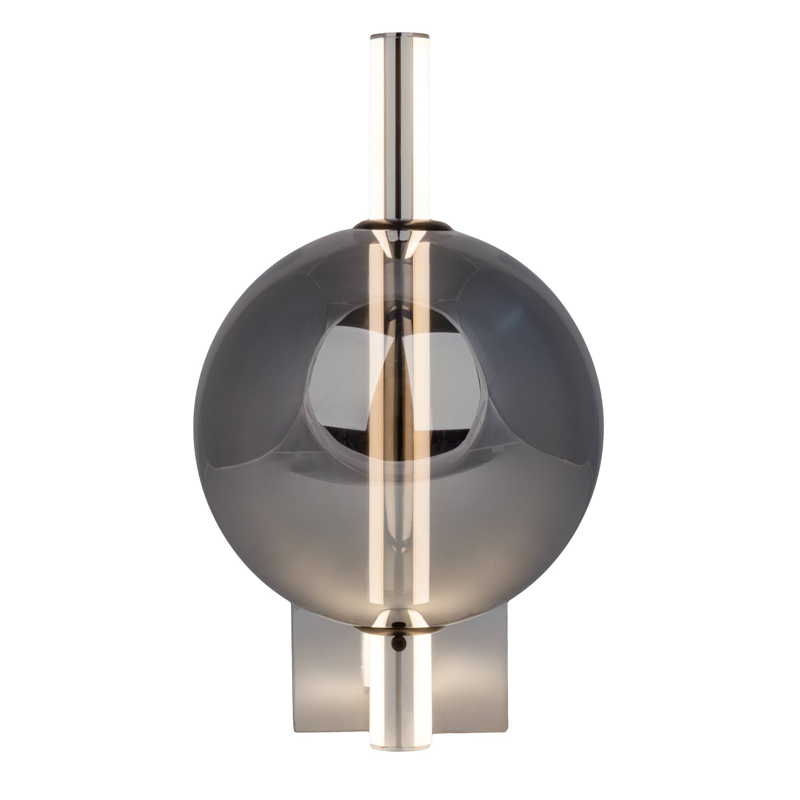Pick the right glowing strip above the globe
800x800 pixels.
coord(420,124)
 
